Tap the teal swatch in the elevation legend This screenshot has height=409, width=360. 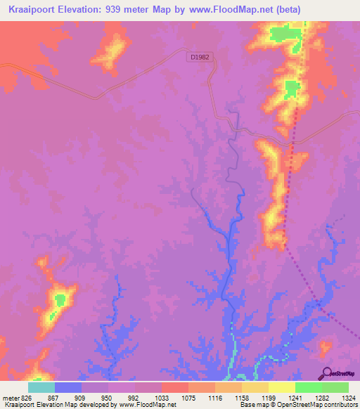coord(41,387)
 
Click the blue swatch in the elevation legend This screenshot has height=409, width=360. coord(67,387)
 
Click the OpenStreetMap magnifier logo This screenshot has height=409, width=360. coord(326,372)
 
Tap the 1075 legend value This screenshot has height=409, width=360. coord(174,397)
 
